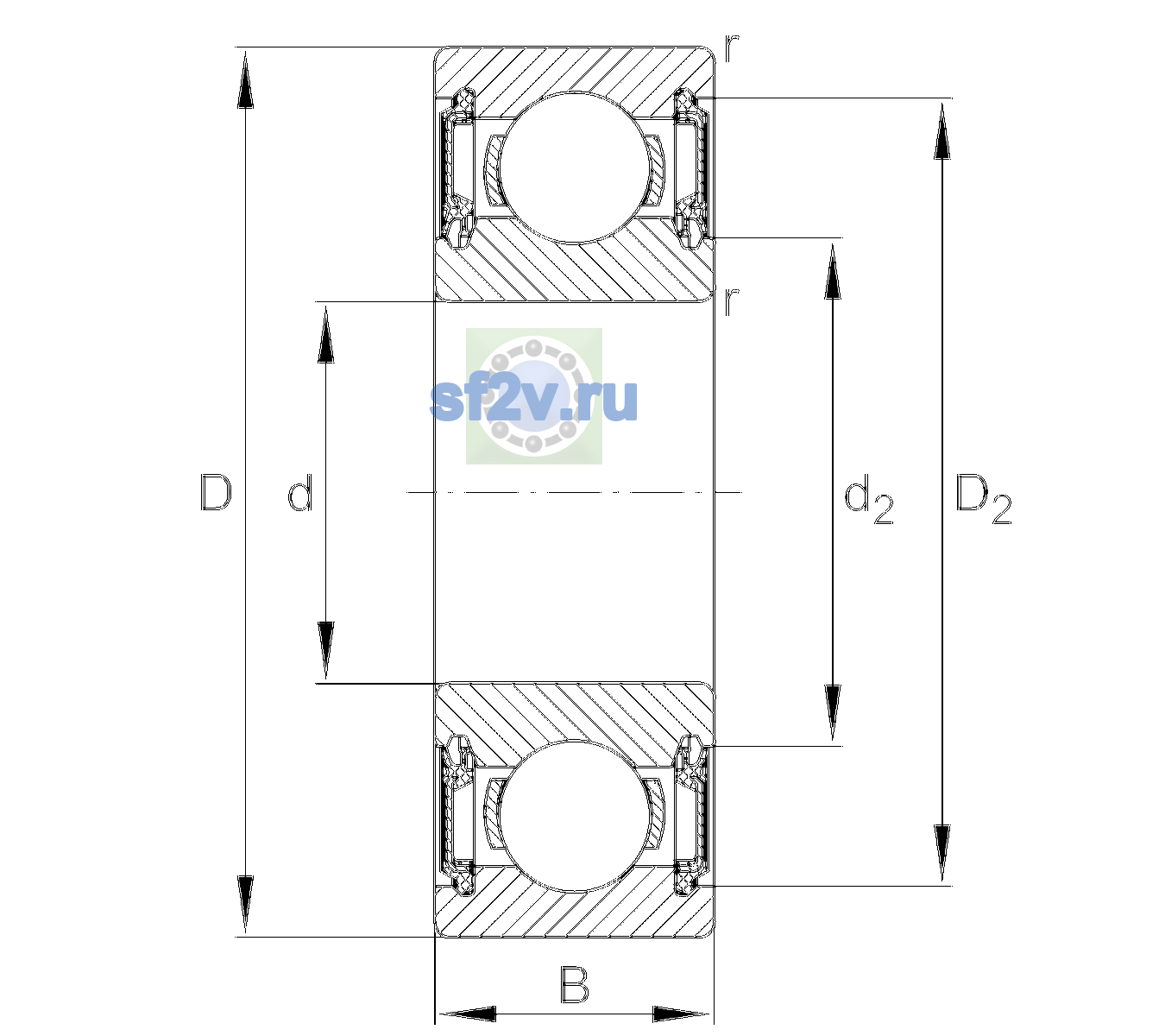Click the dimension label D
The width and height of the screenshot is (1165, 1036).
click(216, 492)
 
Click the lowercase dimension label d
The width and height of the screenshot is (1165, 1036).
click(300, 493)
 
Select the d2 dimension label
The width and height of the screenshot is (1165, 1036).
click(868, 499)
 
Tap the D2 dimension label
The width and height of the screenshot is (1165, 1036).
click(983, 499)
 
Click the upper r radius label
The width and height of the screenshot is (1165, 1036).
click(732, 47)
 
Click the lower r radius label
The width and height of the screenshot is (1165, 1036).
click(732, 300)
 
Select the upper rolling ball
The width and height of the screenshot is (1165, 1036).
click(574, 167)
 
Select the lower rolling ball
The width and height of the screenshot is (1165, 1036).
click(574, 816)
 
